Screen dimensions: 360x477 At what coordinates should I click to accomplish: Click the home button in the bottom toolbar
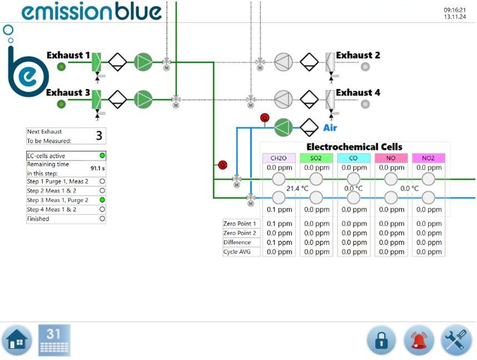coord(17,340)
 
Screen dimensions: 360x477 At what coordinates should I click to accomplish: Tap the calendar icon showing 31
coord(54,340)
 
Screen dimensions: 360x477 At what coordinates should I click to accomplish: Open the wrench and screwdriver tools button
coord(456,340)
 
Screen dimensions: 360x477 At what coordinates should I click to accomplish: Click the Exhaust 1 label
coord(68,56)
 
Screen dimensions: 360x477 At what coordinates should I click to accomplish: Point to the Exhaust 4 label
coord(358,92)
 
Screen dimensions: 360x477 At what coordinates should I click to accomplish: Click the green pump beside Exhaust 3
coord(143,99)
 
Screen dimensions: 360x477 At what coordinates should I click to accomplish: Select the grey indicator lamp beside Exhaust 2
coord(365,67)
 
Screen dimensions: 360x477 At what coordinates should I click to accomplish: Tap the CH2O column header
coord(279,158)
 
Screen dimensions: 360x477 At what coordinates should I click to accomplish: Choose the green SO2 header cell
coord(316,158)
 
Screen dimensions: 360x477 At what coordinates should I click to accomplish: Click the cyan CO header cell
coord(353,158)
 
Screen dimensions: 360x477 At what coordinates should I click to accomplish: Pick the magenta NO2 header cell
coord(428,158)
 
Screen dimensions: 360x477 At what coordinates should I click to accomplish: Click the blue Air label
coord(330,128)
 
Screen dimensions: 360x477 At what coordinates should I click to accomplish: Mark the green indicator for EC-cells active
coord(102,156)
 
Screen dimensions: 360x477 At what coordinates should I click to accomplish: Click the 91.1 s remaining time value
coord(98,168)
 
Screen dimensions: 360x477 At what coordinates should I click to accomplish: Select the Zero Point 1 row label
coord(240,223)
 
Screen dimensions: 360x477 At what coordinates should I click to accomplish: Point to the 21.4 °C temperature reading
coord(297,188)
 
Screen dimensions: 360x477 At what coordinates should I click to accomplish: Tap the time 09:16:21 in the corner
coord(454,10)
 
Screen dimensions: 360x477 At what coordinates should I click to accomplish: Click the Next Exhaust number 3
coord(99,136)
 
